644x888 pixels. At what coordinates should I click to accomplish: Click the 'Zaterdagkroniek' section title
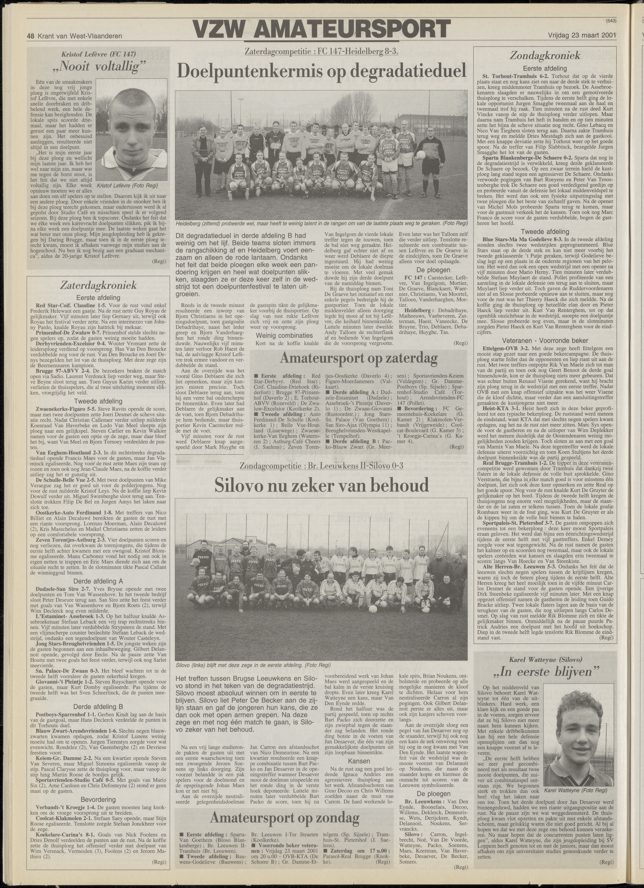click(98, 285)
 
